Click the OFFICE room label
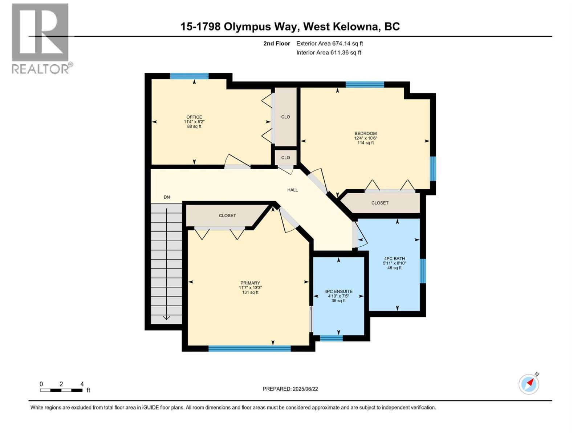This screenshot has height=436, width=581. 194,117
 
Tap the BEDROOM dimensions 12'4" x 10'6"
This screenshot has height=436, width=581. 366,138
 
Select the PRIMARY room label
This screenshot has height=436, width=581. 250,283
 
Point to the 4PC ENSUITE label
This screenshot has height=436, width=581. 338,291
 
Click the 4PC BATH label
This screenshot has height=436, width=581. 394,259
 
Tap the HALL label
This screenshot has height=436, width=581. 292,190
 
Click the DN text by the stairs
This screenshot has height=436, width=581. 167,197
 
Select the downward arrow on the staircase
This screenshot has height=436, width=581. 166,317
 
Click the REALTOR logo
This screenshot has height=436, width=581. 41,38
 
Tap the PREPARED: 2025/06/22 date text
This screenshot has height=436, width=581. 290,389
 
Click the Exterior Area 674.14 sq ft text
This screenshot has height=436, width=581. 329,44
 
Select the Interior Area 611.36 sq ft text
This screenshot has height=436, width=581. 329,52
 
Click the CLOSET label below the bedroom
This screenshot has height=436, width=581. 380,203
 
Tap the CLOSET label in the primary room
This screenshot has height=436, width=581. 227,215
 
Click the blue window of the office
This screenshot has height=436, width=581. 189,76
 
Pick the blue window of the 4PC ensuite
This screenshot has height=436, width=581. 331,338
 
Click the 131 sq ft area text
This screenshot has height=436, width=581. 250,292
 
